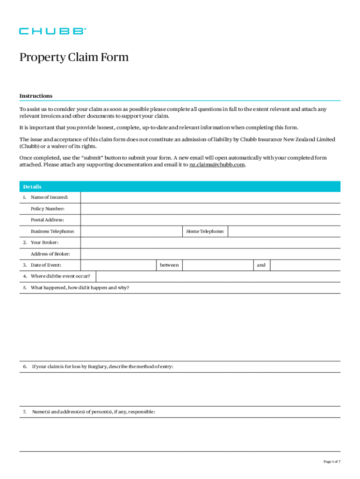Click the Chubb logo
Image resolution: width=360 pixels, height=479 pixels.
click(52, 31)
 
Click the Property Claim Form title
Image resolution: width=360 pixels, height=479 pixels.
click(74, 58)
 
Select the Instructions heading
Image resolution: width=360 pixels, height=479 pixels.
click(36, 96)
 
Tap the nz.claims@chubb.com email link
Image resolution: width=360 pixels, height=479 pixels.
click(217, 165)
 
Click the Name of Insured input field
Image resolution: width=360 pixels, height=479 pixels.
click(210, 197)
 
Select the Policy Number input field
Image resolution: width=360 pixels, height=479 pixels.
click(210, 209)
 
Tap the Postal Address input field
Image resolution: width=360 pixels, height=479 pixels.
click(210, 220)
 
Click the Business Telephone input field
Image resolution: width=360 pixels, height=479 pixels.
click(131, 231)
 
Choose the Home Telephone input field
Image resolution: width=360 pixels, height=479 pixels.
click(284, 231)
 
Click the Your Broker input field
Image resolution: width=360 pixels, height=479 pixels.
click(210, 243)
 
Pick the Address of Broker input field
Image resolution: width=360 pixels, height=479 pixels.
click(210, 254)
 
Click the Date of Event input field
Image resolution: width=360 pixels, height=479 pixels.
click(118, 265)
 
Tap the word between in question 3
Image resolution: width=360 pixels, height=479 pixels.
click(169, 265)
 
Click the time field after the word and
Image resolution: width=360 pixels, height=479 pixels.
click(305, 265)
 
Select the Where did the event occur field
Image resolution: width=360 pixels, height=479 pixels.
click(218, 276)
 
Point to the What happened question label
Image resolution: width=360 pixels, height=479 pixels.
click(80, 288)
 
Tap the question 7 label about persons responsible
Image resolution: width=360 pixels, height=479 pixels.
click(94, 412)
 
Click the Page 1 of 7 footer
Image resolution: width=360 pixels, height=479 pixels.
click(332, 462)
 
